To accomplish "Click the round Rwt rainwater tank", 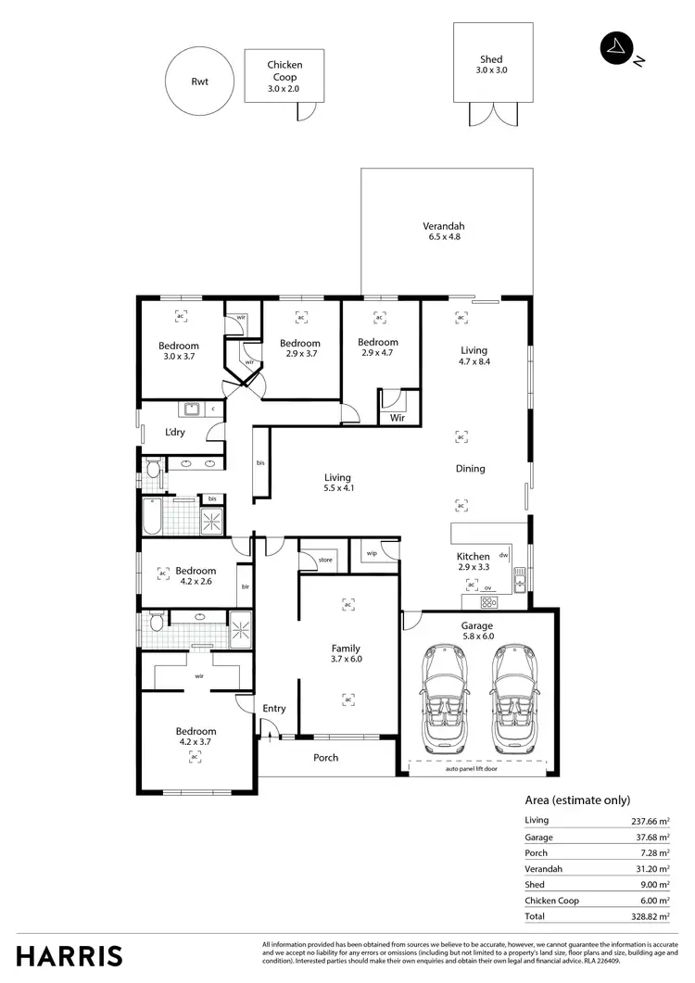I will (x=200, y=82).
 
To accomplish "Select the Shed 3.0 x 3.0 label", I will (x=491, y=64).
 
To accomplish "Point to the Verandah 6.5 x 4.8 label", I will (x=442, y=232).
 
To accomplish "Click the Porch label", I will (x=325, y=758).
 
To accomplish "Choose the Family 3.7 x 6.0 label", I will (x=346, y=654).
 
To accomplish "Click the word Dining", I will (x=470, y=469).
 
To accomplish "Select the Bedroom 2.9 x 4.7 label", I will (x=378, y=347).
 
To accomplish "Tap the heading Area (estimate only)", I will (x=577, y=800).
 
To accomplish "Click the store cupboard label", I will (x=325, y=560).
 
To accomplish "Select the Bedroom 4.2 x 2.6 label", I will (x=196, y=576).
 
